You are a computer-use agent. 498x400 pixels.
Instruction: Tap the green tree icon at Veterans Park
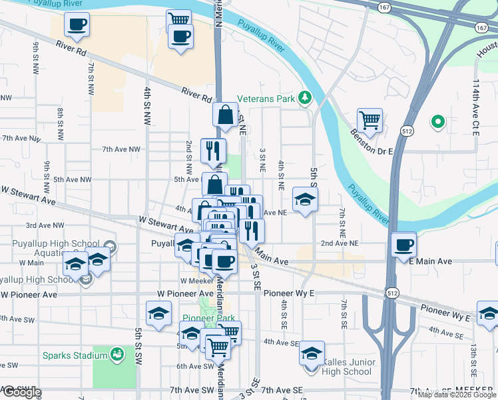point(305,99)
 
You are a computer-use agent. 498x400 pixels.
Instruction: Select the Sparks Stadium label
point(76,355)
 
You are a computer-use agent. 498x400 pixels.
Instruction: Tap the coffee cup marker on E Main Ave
point(404,245)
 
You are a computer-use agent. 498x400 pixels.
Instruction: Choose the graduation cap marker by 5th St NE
point(305,199)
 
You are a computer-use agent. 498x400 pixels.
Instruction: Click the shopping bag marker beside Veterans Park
point(226,115)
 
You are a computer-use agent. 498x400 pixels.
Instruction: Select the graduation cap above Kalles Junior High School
point(311,353)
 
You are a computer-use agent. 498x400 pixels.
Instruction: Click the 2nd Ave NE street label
point(336,244)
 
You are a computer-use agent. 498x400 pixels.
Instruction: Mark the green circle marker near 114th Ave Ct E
point(437,121)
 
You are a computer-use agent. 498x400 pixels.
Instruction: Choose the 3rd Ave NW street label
point(45,226)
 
